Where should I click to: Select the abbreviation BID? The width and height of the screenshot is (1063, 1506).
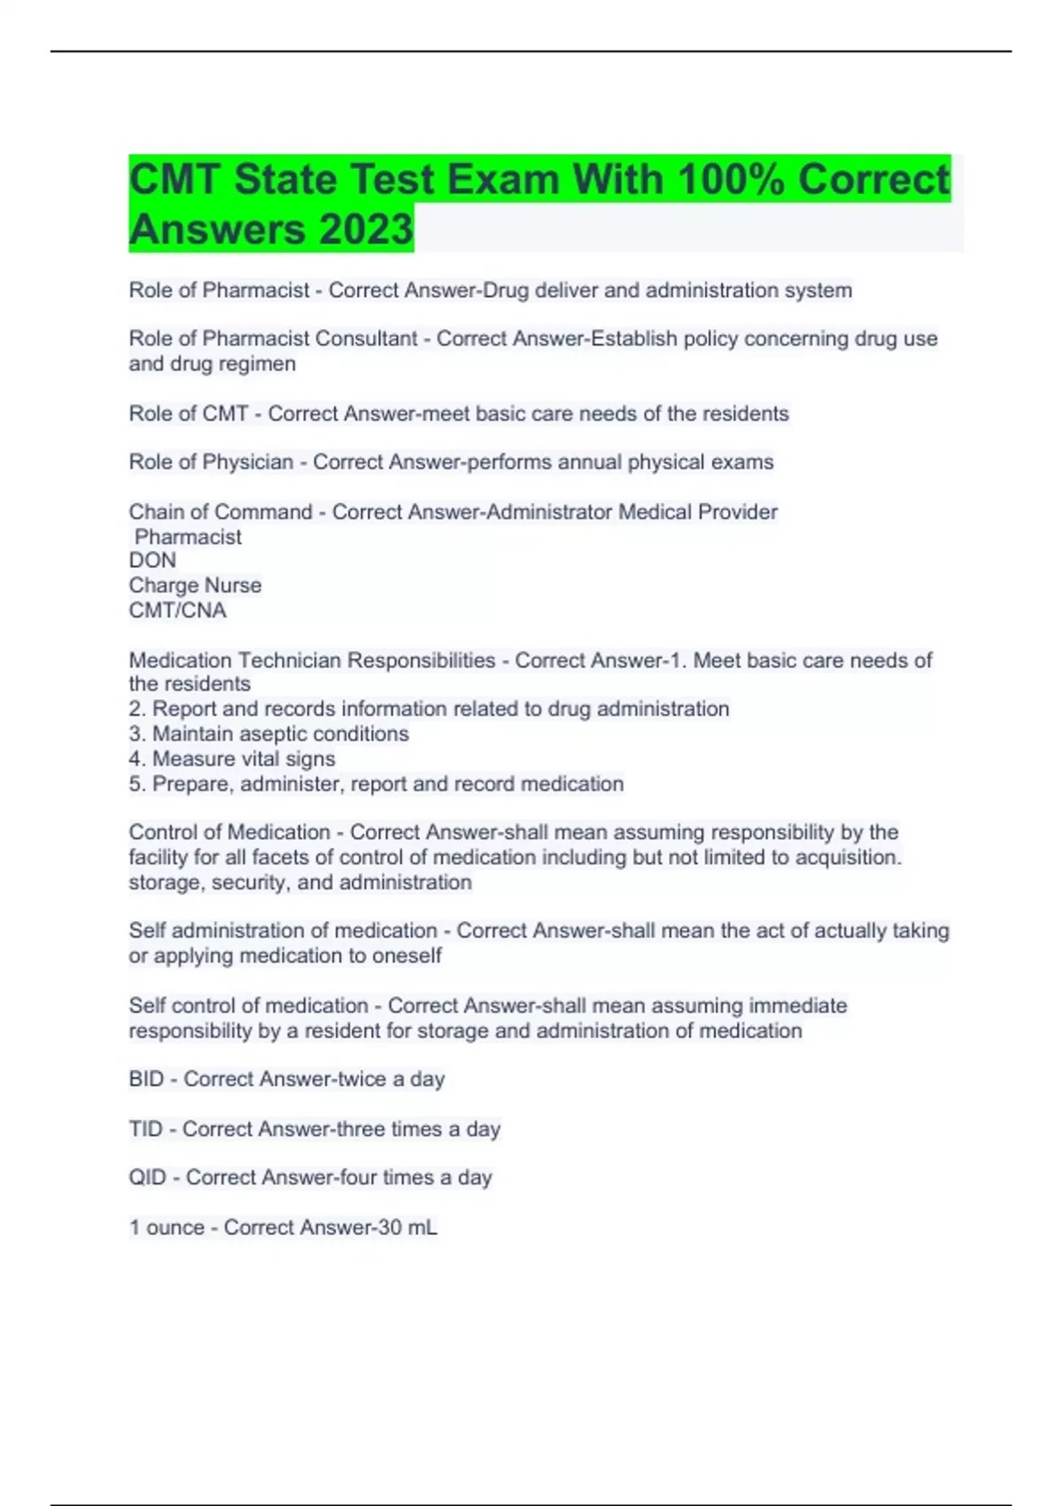[x=146, y=1079]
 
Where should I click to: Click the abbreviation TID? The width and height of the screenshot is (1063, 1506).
[x=145, y=1129]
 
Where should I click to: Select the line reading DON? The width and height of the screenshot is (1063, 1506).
[x=152, y=560]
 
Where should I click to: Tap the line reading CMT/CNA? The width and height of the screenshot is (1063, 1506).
[x=177, y=610]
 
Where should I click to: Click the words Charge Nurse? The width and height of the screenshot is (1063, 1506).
[x=195, y=586]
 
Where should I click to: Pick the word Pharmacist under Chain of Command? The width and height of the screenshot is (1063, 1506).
[x=188, y=537]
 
